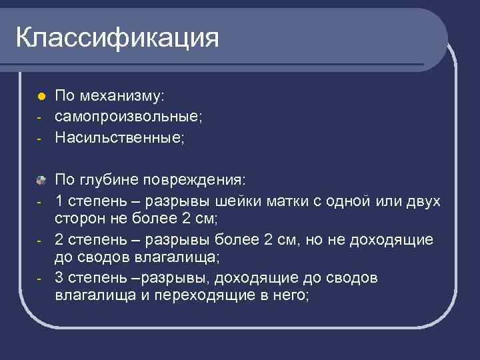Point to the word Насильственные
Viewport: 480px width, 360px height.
click(118, 138)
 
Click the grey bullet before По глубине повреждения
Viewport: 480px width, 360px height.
click(41, 179)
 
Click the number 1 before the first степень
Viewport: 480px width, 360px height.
click(59, 200)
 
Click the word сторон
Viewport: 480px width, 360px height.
click(77, 219)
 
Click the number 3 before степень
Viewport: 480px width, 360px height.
click(59, 277)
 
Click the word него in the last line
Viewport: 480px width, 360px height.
click(287, 297)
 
